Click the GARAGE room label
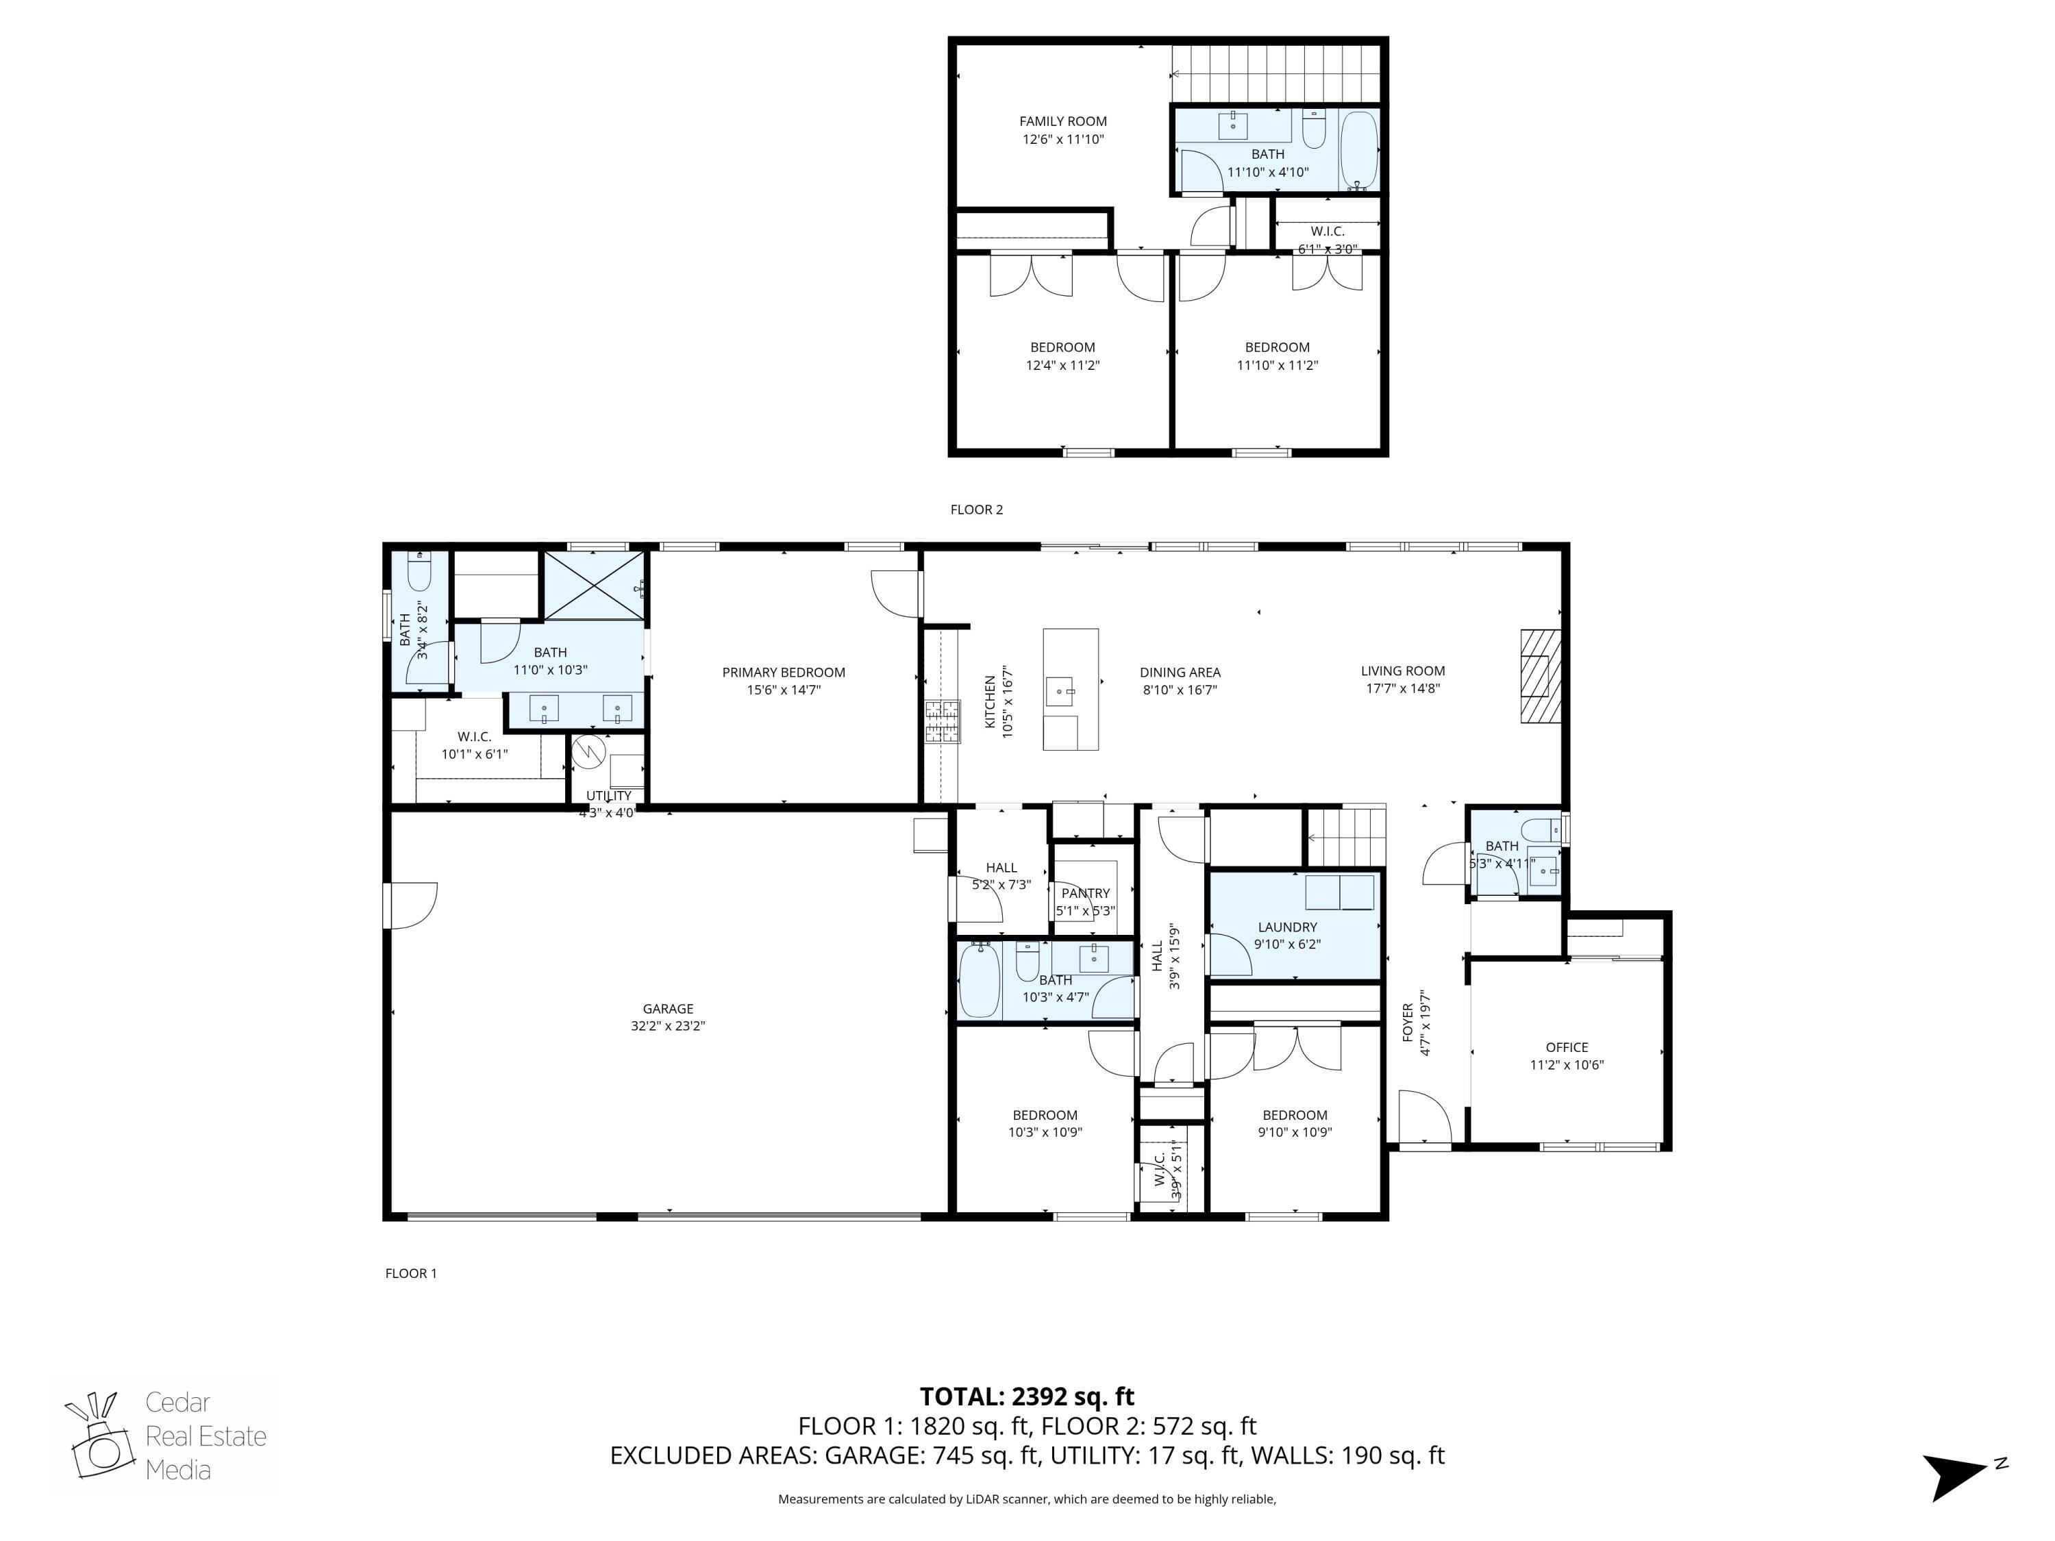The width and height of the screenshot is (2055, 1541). pyautogui.click(x=667, y=1008)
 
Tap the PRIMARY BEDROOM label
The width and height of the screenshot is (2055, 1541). pyautogui.click(x=783, y=672)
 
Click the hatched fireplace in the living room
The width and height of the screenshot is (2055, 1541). pyautogui.click(x=1539, y=675)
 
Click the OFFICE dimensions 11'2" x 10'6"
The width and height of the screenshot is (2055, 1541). pyautogui.click(x=1567, y=1064)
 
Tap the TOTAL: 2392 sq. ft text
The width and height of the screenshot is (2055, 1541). pyautogui.click(x=1027, y=1396)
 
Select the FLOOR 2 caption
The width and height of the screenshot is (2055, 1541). pyautogui.click(x=976, y=509)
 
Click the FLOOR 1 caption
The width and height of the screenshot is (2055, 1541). pyautogui.click(x=410, y=1273)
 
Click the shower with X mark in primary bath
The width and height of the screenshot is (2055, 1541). pyautogui.click(x=593, y=584)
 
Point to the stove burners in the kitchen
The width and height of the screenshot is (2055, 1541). pyautogui.click(x=941, y=721)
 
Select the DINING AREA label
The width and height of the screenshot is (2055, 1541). pyautogui.click(x=1180, y=672)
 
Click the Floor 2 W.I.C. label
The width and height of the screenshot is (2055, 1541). pyautogui.click(x=1327, y=231)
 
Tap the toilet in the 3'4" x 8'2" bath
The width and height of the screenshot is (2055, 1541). pyautogui.click(x=419, y=571)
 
